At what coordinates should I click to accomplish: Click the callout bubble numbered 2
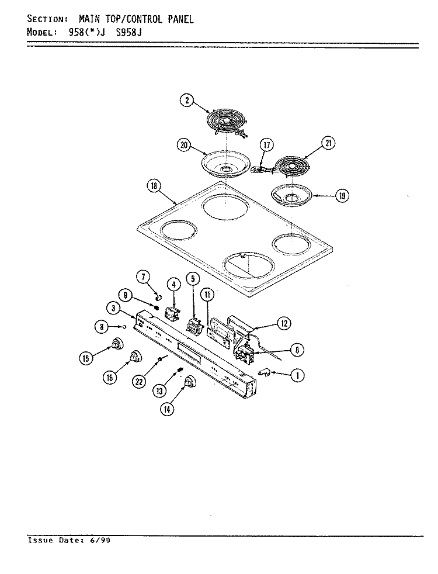(x=187, y=101)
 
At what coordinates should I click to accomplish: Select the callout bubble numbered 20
(x=184, y=146)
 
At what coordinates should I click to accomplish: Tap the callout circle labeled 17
(x=267, y=146)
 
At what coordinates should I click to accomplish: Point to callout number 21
(x=328, y=143)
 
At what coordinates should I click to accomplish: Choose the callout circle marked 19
(x=342, y=196)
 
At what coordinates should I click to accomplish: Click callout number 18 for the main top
(x=154, y=186)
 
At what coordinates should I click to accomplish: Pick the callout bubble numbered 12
(x=284, y=323)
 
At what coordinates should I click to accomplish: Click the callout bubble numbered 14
(x=167, y=409)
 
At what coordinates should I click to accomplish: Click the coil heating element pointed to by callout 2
(x=227, y=122)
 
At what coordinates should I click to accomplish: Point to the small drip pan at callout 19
(x=291, y=194)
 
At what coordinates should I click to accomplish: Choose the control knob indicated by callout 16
(x=136, y=355)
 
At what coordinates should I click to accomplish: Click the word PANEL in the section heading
(x=180, y=19)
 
